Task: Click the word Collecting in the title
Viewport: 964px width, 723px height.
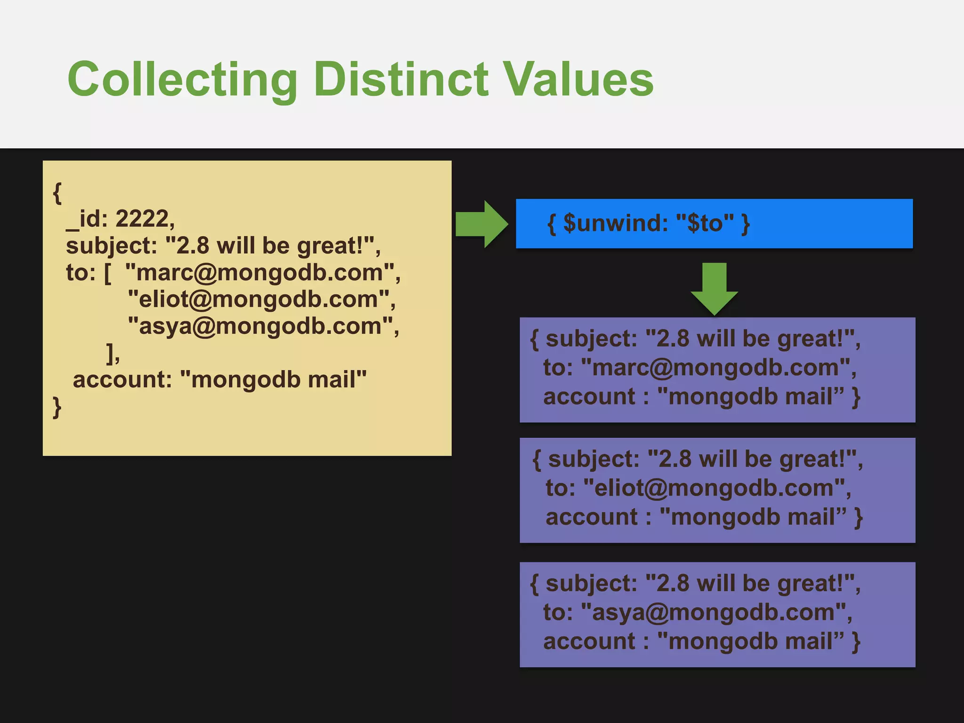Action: (183, 80)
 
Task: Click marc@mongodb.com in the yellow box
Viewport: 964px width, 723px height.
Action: (259, 273)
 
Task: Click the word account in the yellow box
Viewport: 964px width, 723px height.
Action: (122, 379)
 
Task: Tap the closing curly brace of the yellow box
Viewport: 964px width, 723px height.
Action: (57, 407)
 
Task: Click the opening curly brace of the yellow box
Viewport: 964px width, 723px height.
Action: (57, 193)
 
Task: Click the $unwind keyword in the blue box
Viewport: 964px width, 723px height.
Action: (615, 223)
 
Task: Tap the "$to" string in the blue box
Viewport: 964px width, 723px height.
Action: (705, 223)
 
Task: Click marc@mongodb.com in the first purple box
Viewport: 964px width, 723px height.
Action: (715, 368)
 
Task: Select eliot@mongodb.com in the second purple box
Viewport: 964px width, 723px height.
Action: (714, 488)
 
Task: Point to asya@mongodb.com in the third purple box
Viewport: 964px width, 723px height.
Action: (713, 612)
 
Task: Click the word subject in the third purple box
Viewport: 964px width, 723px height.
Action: (591, 584)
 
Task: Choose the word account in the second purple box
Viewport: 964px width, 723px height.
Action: (592, 517)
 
